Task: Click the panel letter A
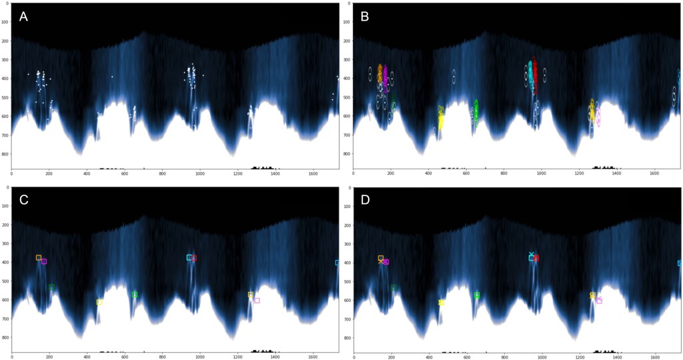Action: click(23, 17)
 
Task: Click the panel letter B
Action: click(365, 17)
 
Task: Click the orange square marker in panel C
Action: click(39, 257)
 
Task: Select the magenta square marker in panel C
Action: click(44, 261)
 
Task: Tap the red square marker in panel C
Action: click(193, 258)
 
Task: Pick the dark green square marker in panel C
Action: click(51, 287)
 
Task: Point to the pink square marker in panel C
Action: click(257, 300)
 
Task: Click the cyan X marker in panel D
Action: click(532, 254)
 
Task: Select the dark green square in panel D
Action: click(394, 287)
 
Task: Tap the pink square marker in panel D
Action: click(599, 301)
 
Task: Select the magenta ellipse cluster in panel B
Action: click(386, 79)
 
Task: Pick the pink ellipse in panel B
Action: click(598, 117)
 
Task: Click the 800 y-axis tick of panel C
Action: click(6, 338)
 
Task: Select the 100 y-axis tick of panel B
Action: click(348, 22)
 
